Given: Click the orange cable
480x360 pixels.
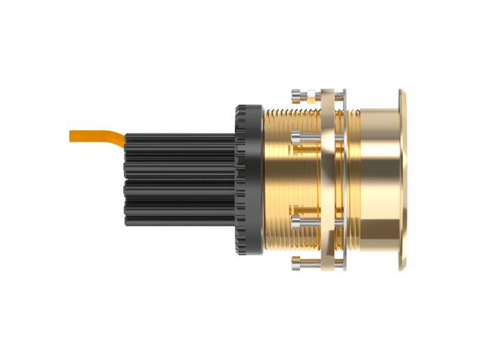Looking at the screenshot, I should (96, 136).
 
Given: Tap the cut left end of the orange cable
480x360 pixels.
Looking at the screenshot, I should (71, 136).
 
